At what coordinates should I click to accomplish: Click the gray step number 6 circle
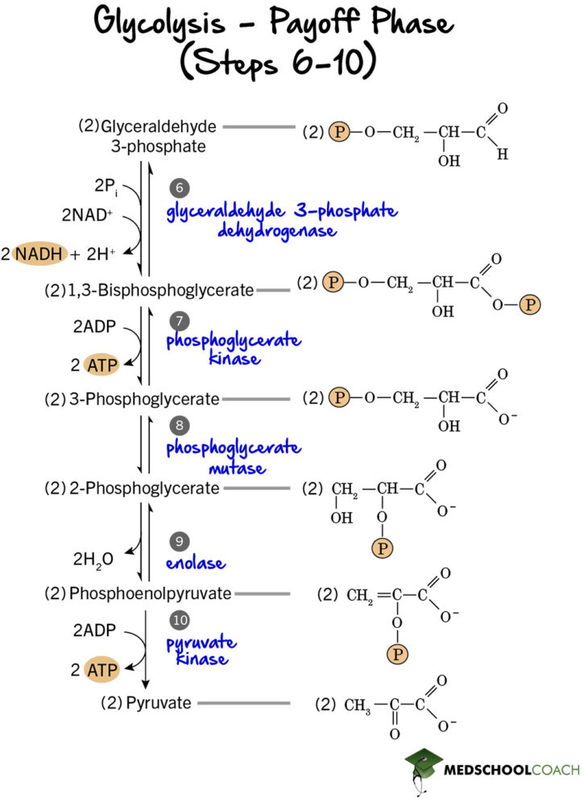click(x=180, y=188)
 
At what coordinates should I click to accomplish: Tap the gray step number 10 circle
click(x=180, y=620)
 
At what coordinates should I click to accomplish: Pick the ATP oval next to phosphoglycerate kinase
click(x=101, y=365)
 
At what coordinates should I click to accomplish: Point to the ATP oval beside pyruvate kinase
click(x=101, y=669)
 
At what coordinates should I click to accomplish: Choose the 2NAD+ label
click(x=88, y=215)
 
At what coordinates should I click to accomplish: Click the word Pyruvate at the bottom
click(x=158, y=703)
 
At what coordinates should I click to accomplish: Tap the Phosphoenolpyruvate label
click(x=150, y=593)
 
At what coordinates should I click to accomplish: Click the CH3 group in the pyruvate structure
click(x=357, y=706)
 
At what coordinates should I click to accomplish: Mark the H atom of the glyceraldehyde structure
click(x=502, y=155)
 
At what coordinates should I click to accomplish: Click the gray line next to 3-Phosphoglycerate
click(x=255, y=398)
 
